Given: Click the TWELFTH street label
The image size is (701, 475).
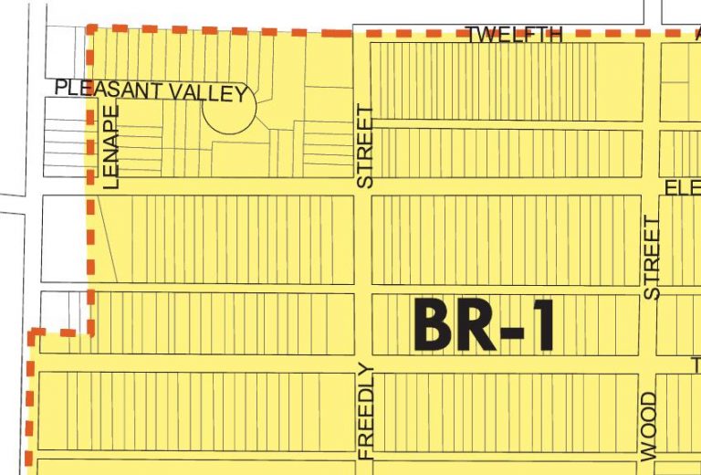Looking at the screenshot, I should (514, 35).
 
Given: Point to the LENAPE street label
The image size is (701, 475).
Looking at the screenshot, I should (112, 146).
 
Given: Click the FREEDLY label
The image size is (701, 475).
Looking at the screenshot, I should (366, 411).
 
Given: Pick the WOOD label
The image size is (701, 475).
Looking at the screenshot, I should (649, 426).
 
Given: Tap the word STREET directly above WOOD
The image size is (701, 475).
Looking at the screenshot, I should (651, 259).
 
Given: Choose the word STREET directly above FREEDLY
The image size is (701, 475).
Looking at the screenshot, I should (365, 146).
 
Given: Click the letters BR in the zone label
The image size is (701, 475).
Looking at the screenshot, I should (446, 325).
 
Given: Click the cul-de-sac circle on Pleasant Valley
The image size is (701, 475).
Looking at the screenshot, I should (228, 110).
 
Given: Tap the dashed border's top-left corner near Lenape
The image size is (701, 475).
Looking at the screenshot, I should (90, 29).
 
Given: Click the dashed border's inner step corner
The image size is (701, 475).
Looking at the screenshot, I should (90, 332).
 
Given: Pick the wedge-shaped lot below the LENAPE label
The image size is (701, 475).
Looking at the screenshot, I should (105, 237).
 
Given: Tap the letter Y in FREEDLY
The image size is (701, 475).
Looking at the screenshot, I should (366, 371).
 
